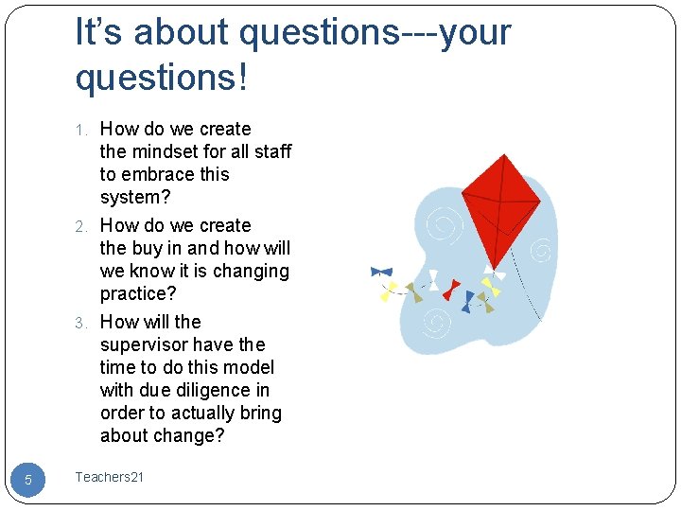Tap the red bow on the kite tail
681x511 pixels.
[451, 287]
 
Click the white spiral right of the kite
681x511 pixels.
[541, 251]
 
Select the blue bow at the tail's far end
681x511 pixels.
[382, 272]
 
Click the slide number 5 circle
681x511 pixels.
[27, 480]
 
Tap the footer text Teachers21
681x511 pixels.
[110, 477]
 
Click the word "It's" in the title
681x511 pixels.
[99, 33]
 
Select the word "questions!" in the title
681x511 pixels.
[161, 78]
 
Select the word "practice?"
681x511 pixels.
[138, 293]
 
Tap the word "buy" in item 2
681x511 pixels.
[148, 248]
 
